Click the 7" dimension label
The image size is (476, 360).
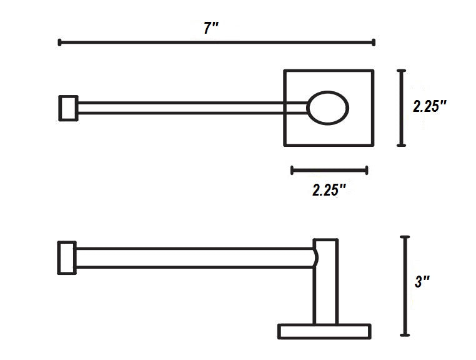(211, 28)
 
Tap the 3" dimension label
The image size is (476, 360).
(422, 282)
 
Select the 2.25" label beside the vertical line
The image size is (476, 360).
(430, 106)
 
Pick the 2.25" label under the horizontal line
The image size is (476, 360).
(329, 190)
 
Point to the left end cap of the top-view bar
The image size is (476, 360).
(68, 108)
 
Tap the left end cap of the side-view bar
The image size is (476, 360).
(67, 258)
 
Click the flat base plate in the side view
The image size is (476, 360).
(324, 331)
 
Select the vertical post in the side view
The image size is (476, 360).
(325, 282)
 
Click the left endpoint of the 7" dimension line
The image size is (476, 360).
(59, 42)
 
